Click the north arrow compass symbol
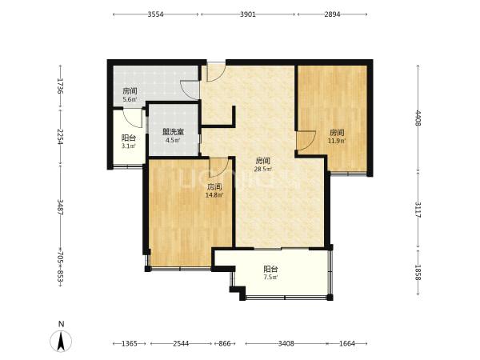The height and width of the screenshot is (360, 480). click(61, 341)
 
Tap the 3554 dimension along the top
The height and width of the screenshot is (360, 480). click(155, 14)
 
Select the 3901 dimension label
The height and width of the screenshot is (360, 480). click(248, 14)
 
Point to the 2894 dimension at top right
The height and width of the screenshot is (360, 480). click(332, 14)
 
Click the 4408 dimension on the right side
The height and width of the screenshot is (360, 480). click(418, 118)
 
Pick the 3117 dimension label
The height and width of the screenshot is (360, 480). click(418, 210)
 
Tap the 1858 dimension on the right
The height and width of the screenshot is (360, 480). click(418, 272)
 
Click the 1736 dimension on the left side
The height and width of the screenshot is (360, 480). click(60, 86)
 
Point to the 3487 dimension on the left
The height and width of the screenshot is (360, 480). click(60, 207)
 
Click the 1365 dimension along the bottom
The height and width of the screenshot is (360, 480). click(130, 343)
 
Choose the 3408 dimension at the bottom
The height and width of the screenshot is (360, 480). click(286, 343)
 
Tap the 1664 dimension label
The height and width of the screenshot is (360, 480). click(347, 343)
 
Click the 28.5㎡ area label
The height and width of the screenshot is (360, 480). click(263, 169)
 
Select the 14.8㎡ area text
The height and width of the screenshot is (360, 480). click(214, 195)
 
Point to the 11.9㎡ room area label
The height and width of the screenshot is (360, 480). click(337, 141)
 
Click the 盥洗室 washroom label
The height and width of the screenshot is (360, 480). click(173, 132)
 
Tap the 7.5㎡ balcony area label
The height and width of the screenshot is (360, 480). click(270, 278)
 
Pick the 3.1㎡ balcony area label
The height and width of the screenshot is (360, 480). click(129, 146)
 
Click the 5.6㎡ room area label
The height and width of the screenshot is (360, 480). click(130, 99)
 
